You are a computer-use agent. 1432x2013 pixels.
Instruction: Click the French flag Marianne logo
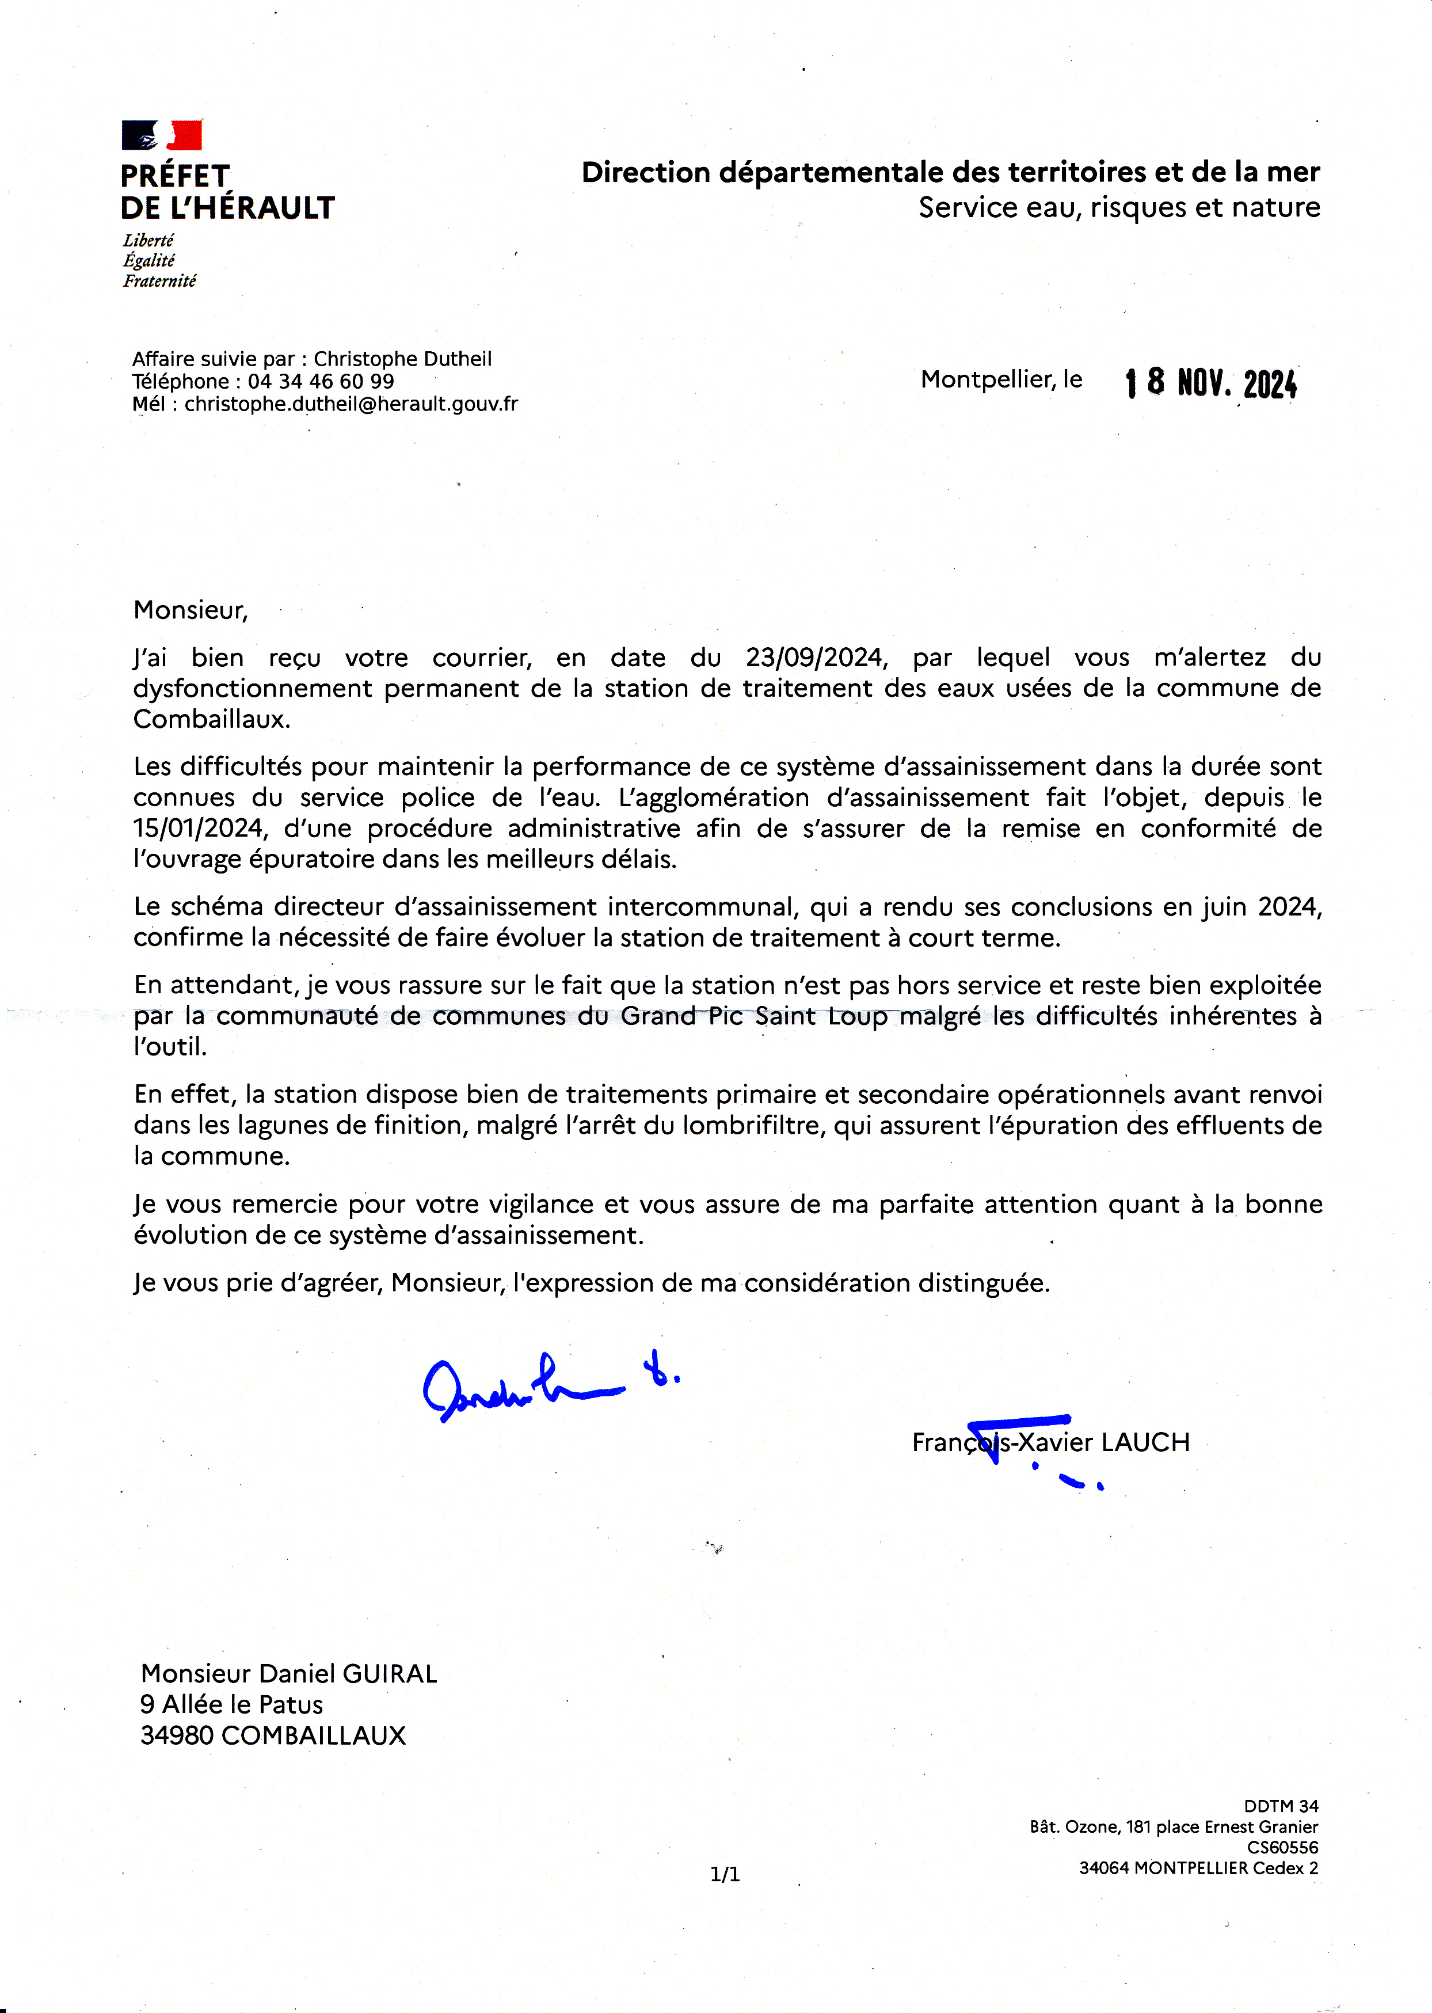point(161,135)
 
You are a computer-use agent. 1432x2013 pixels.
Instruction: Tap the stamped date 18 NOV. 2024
point(1210,383)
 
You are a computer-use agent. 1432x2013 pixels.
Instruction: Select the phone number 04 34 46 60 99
point(321,382)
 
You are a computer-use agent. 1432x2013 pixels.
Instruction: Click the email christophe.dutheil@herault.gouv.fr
point(351,404)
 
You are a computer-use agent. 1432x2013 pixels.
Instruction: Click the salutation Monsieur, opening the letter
point(191,610)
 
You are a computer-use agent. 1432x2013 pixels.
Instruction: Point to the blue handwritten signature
point(538,1385)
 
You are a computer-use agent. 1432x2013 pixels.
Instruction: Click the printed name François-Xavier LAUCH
point(1050,1442)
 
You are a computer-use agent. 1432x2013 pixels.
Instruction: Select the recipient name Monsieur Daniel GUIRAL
point(288,1673)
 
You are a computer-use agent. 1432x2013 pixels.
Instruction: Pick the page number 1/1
point(725,1874)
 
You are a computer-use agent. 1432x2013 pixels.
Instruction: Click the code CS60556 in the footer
point(1282,1847)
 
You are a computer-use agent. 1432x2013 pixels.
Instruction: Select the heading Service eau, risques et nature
point(1119,208)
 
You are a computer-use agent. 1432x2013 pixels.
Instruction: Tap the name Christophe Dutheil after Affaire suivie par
point(403,359)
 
